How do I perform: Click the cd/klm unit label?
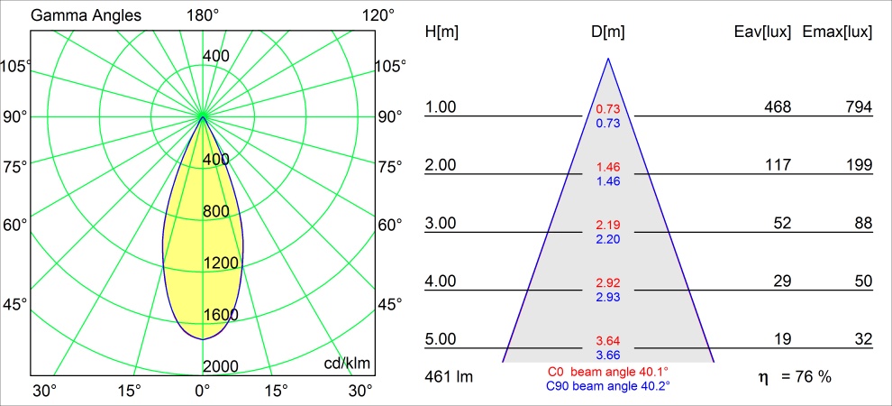347,363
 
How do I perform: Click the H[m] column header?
441,32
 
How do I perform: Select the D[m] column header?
608,32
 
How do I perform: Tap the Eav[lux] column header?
763,32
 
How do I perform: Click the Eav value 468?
777,107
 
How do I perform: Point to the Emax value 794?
858,107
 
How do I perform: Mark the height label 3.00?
441,224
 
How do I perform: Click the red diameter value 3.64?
608,341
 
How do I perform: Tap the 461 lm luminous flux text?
449,375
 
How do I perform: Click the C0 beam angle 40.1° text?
608,372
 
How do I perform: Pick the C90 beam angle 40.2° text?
608,385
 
